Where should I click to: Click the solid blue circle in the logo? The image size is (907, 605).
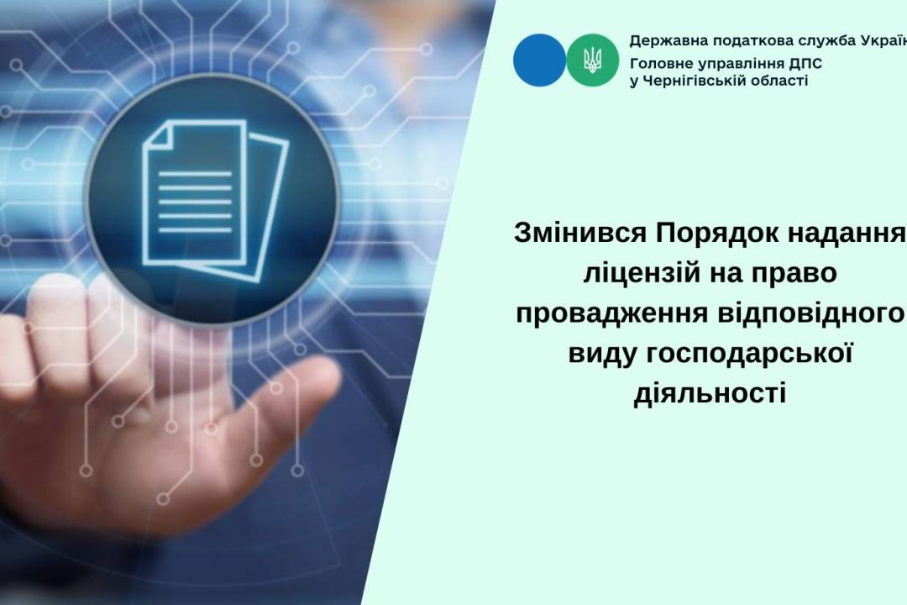[540, 60]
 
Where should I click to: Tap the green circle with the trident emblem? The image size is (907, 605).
[592, 60]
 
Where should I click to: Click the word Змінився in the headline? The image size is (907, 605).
[580, 234]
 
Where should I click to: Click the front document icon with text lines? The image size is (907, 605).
[194, 192]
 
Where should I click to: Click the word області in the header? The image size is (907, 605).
[779, 82]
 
